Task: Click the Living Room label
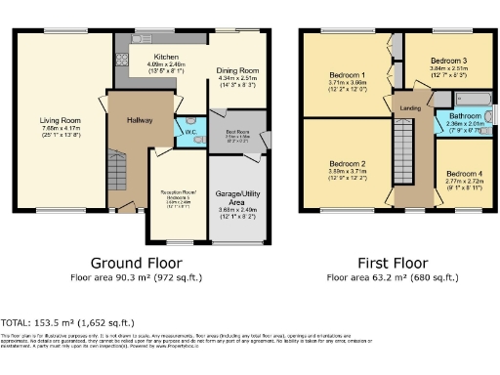coord(61,121)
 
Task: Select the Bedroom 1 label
coord(347,75)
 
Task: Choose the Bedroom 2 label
coord(347,163)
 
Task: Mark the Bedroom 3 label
coord(449,61)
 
